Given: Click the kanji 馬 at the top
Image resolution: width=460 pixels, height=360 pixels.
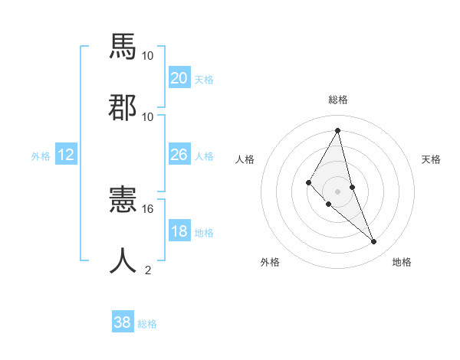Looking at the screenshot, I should coord(123,47).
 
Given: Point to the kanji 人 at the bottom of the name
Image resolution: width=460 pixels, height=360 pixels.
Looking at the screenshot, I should coord(123,261).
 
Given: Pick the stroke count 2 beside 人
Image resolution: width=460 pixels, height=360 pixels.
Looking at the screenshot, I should coord(148,270).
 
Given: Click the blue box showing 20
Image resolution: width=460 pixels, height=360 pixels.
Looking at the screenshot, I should coord(179,78).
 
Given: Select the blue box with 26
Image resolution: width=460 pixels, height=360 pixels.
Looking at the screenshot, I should coord(179,155).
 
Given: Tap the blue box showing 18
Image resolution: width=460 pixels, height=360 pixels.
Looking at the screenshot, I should coord(179,231).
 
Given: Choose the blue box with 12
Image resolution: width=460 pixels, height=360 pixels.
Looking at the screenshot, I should coord(65,155).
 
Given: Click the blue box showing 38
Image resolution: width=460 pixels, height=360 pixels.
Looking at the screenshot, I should coord(123,322).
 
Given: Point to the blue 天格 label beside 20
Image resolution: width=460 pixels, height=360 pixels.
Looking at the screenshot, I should coord(204,80).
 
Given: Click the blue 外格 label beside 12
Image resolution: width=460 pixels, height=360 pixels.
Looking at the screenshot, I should coord(41,155).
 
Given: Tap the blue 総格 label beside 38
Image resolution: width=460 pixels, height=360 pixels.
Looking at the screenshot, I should coord(147,324).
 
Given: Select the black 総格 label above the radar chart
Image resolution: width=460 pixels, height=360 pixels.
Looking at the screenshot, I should coord(338,100).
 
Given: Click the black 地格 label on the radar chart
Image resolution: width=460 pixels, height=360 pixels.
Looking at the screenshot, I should coord(402,262).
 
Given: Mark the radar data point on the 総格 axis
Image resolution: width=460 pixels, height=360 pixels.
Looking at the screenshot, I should coord(338,129).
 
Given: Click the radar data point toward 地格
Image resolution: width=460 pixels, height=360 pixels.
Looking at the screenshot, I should coord(374,242).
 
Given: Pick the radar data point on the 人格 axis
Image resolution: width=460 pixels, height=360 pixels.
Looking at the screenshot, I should coord(309,182).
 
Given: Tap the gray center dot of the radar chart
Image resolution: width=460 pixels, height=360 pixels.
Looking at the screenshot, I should coord(338,191).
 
